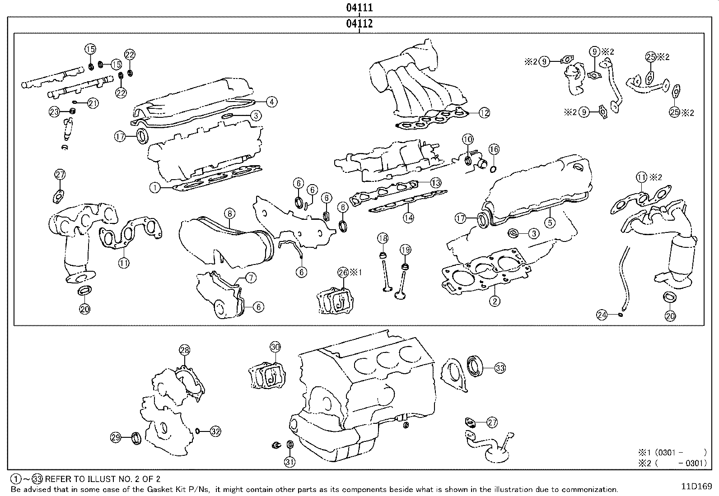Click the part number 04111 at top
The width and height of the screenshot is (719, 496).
[x=359, y=8]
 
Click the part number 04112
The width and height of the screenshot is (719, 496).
[x=359, y=23]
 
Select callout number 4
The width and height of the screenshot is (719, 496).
[x=271, y=102]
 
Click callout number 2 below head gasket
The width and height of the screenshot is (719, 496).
[x=495, y=301]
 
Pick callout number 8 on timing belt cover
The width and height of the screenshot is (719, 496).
[x=229, y=213]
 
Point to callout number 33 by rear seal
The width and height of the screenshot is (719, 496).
[x=500, y=368]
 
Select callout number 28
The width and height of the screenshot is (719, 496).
[x=185, y=349]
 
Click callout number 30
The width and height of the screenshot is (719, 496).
[x=275, y=347]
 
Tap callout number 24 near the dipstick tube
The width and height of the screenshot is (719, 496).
[x=602, y=315]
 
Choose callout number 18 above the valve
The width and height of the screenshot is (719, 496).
[x=383, y=238]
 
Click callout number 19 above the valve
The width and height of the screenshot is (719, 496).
[x=405, y=249]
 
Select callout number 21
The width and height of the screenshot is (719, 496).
[x=93, y=103]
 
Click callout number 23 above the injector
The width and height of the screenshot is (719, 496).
[x=54, y=111]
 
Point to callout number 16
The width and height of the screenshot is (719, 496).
[x=494, y=149]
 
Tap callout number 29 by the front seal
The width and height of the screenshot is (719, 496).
[x=117, y=437]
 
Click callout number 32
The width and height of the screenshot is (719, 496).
[x=215, y=431]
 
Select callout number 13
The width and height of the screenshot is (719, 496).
[x=435, y=183]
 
